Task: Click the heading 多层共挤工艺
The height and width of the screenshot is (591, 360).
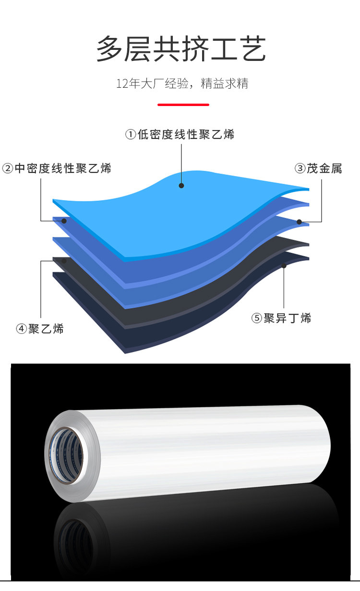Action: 181,49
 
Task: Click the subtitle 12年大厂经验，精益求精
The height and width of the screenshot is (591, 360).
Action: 182,83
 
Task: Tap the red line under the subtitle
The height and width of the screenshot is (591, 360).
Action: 183,105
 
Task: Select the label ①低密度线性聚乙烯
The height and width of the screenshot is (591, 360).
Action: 180,134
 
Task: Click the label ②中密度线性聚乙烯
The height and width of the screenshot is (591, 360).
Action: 57,168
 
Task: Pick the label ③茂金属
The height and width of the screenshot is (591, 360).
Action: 318,168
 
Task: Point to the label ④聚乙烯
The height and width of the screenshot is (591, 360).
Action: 40,329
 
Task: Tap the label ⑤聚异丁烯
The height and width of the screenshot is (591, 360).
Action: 281,318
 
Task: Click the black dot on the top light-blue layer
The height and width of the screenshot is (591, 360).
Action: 181,185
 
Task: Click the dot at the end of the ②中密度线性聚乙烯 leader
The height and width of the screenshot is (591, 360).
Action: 64,221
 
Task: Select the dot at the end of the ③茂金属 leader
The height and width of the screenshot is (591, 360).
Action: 299,222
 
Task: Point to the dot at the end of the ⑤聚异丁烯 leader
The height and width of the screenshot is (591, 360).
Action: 284,265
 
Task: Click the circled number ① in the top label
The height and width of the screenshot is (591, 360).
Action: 131,135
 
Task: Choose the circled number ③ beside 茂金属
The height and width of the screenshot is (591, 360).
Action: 300,168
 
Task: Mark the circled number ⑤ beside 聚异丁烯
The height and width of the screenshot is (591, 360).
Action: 257,319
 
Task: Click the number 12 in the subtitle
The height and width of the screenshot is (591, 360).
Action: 121,84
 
